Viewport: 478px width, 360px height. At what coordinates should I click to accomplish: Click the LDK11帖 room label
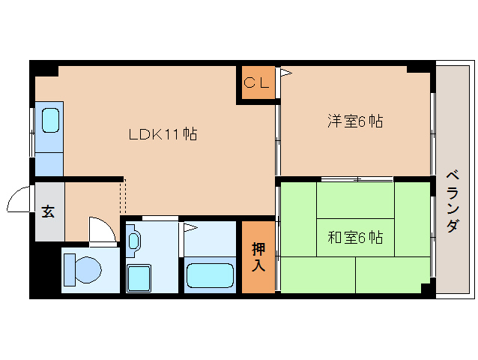pos(163,134)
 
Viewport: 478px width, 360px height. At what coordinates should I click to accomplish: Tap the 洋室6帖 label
pos(355,121)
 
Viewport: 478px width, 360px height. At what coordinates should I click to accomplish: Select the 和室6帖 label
pos(355,237)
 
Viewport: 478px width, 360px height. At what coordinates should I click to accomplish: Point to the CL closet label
pos(257,82)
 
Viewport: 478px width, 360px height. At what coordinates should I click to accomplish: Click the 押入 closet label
pos(258,257)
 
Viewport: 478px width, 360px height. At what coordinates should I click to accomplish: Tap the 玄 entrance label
pos(48,211)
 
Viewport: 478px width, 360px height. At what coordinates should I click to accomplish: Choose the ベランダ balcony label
pos(453,202)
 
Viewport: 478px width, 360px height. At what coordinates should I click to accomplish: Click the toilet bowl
pos(88,270)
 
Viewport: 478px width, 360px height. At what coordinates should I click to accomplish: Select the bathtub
pos(210,275)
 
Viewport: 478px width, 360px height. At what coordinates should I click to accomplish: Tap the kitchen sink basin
pos(50,120)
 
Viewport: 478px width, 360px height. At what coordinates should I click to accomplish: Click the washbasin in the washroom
pos(133,241)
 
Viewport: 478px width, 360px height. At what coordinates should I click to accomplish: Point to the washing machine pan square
pos(139,278)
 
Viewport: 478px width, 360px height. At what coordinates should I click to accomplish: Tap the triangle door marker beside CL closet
pos(285,73)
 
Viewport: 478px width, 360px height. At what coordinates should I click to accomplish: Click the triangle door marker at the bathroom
pos(190,227)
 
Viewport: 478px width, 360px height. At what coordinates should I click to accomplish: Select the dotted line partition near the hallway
pos(123,197)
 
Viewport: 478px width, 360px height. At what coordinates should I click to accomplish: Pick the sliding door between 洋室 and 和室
pos(357,179)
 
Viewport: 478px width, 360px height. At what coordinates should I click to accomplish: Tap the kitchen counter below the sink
pos(49,164)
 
